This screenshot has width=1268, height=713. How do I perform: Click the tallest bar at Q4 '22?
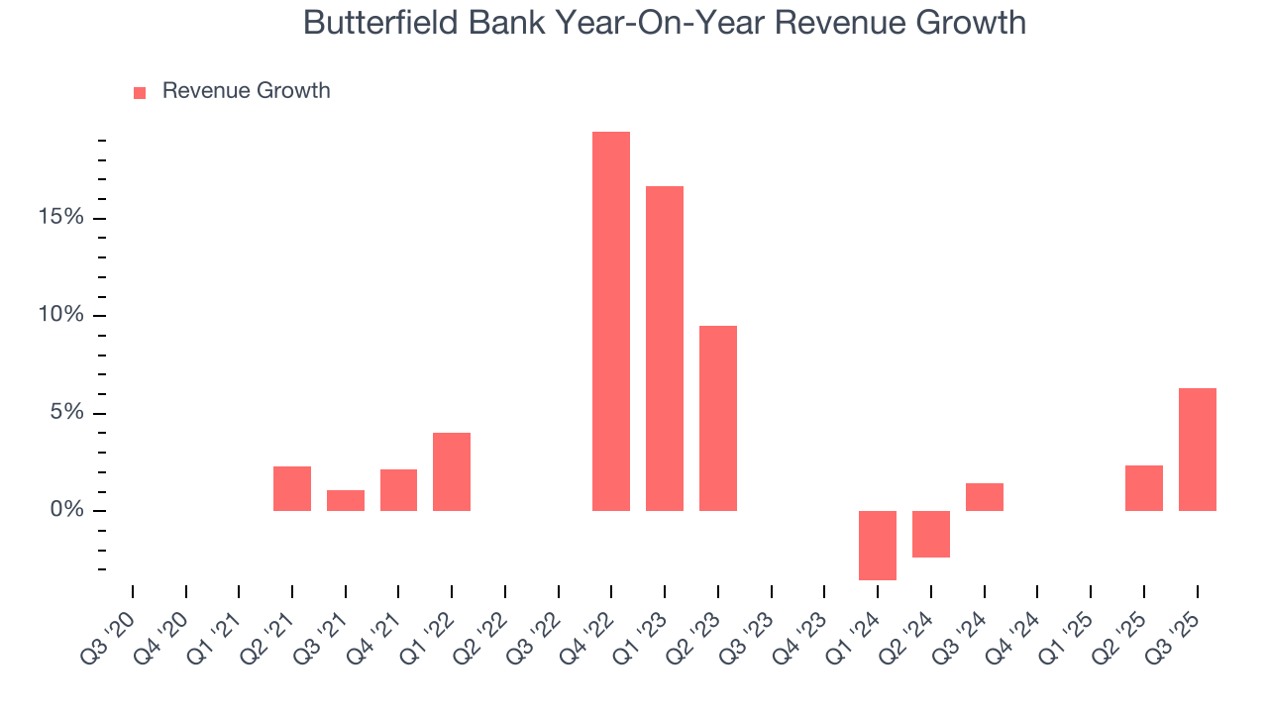click(x=611, y=321)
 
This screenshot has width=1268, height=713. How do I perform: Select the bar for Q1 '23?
click(x=665, y=349)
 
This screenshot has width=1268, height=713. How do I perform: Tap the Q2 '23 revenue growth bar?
click(x=718, y=418)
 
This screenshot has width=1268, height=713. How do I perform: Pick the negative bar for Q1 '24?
click(x=878, y=545)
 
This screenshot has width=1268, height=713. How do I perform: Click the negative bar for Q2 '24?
click(x=931, y=534)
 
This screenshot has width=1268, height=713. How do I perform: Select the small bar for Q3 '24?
click(x=985, y=497)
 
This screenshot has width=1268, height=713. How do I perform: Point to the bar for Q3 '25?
click(x=1197, y=450)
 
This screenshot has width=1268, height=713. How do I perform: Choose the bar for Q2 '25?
click(x=1144, y=488)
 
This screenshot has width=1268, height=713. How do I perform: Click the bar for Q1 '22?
click(x=452, y=471)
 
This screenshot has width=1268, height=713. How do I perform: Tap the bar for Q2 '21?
click(x=292, y=488)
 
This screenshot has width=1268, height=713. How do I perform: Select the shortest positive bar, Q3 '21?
click(x=346, y=500)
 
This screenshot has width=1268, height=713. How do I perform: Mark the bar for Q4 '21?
click(x=398, y=490)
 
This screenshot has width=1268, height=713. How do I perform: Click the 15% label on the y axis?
click(x=61, y=218)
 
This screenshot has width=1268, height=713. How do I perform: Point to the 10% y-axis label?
click(x=61, y=315)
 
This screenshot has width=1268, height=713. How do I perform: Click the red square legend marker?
click(x=140, y=92)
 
